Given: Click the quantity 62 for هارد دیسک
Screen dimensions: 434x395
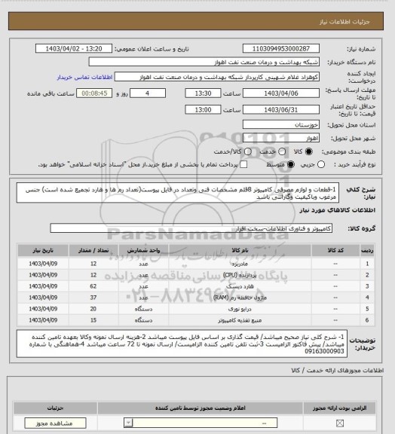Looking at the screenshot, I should (93, 286).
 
